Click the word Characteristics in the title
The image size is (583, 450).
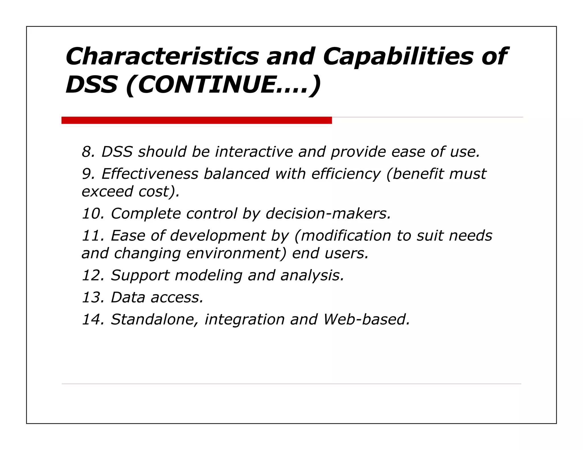[162, 56]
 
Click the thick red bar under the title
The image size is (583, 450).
[196, 120]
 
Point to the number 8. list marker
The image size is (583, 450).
[88, 152]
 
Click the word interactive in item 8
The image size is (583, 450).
[254, 152]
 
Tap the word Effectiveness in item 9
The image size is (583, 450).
[150, 174]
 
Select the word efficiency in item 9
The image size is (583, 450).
[346, 174]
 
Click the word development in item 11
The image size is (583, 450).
[218, 236]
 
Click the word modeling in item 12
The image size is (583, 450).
[208, 275]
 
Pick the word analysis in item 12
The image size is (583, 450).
[312, 275]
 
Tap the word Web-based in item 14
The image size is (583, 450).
[366, 319]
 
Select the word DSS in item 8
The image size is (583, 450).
[117, 152]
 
